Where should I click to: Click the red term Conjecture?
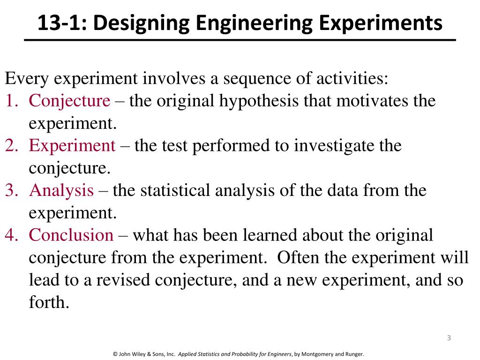(x=70, y=101)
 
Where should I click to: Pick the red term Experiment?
(x=72, y=146)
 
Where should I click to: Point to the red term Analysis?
(x=61, y=191)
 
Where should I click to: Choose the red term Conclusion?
(x=71, y=235)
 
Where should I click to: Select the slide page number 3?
(x=449, y=338)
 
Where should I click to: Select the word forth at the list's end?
(x=49, y=302)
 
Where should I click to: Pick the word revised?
(x=124, y=280)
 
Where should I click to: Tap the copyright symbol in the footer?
(x=115, y=354)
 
